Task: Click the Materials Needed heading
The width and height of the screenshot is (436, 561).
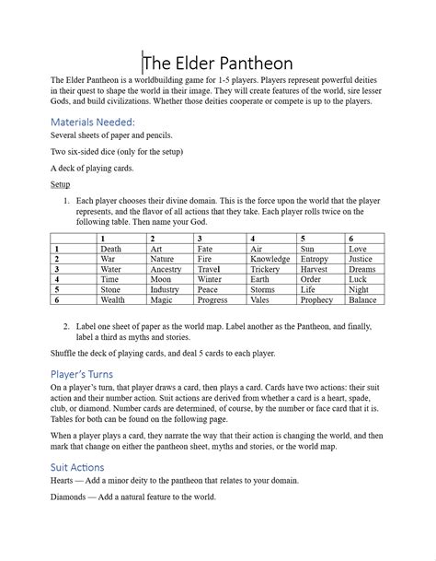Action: (93, 121)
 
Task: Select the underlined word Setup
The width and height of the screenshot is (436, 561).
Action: (60, 184)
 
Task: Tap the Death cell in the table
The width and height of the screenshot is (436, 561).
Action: (110, 249)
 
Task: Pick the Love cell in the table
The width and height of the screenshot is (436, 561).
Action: (358, 249)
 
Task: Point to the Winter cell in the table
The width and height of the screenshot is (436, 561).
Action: (210, 279)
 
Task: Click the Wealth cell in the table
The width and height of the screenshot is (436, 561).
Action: (113, 299)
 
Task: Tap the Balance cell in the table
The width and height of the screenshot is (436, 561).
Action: (362, 299)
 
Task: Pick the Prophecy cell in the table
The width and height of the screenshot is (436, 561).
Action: (316, 299)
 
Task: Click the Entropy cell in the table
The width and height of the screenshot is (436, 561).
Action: (314, 259)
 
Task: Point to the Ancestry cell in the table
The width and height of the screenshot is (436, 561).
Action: (166, 269)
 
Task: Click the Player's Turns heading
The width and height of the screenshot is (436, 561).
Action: (88, 374)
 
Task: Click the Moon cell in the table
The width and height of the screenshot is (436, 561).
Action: (161, 279)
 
